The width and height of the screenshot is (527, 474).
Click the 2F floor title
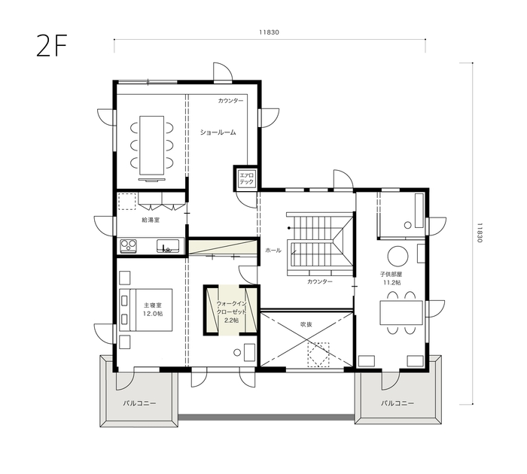pos(52,46)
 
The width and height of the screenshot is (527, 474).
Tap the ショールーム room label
pos(218,132)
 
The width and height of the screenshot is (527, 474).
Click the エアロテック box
pos(246,179)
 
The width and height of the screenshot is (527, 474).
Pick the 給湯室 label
pos(151,220)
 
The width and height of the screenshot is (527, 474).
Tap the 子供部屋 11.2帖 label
pos(391,278)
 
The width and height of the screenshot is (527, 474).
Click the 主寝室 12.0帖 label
pos(154,308)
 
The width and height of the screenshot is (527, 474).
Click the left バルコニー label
pos(139,403)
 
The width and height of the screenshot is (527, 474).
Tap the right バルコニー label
pos(397,403)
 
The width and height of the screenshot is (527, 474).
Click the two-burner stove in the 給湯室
pos(127,245)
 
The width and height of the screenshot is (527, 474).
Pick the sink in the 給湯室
pos(167,245)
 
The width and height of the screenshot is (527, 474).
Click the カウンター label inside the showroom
pos(230,100)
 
